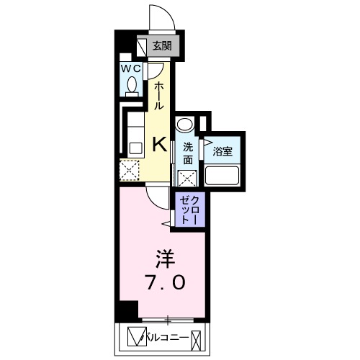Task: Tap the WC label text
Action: (130, 69)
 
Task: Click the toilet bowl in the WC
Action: (132, 85)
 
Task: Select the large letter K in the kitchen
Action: (160, 144)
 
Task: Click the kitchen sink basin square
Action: (135, 148)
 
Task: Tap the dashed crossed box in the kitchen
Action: (130, 171)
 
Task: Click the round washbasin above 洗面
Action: (184, 124)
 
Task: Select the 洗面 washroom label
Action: (188, 153)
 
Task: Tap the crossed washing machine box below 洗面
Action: (187, 179)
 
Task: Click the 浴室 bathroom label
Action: (222, 152)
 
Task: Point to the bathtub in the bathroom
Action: (222, 176)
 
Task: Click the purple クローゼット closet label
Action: (190, 210)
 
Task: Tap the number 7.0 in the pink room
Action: (166, 282)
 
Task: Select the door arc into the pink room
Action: (154, 202)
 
